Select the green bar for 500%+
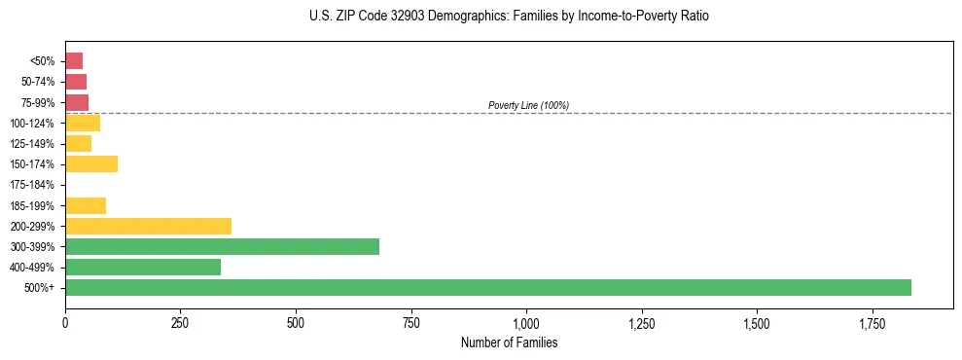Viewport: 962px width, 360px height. (x=487, y=287)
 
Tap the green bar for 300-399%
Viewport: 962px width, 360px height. (x=222, y=246)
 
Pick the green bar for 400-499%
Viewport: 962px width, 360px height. (x=143, y=267)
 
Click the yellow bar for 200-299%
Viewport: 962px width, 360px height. (x=148, y=226)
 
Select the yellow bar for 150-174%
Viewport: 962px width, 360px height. (x=91, y=163)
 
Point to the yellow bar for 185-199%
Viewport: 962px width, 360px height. (x=86, y=205)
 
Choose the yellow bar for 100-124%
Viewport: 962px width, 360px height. (x=83, y=123)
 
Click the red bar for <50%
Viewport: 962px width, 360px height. (x=74, y=60)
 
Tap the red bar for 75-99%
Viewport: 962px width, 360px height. (x=77, y=102)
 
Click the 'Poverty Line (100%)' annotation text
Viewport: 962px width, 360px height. (x=528, y=105)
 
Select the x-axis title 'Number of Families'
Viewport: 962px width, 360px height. (x=509, y=343)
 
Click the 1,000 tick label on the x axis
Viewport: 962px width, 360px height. (x=526, y=323)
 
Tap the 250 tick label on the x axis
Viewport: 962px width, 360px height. (x=180, y=323)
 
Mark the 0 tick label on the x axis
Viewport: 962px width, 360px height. (x=65, y=323)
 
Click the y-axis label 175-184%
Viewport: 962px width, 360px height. (x=33, y=185)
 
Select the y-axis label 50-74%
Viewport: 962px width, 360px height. (x=38, y=82)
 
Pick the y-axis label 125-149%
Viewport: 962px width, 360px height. (x=33, y=144)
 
